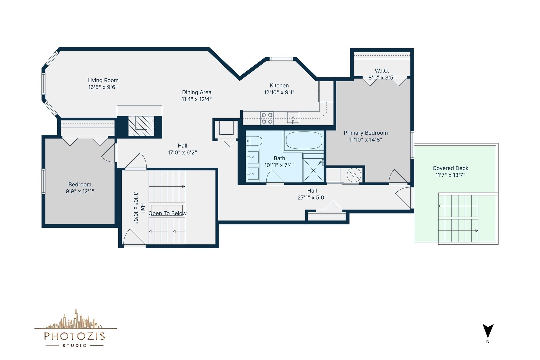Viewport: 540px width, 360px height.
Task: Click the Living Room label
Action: [103, 80]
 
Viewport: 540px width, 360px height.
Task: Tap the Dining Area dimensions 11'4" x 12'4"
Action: [197, 99]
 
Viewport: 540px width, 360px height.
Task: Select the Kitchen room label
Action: [279, 86]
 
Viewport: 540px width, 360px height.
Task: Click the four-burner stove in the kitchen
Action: [267, 118]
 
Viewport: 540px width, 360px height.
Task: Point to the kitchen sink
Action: [293, 118]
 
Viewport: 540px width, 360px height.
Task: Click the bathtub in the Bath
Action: [304, 140]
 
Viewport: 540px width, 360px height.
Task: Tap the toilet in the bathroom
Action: [254, 141]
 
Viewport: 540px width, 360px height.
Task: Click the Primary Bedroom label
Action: [366, 133]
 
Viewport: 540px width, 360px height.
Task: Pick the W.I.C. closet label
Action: [382, 71]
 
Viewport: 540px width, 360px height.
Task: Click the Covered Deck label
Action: [450, 168]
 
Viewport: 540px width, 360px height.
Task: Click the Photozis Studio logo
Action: [75, 329]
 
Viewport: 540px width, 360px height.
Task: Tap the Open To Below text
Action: [167, 213]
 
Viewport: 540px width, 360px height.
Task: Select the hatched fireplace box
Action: [141, 126]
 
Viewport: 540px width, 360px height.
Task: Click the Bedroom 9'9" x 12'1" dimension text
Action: [80, 191]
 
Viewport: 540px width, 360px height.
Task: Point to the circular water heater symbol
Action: [354, 175]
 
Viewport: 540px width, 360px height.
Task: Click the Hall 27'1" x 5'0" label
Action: [312, 194]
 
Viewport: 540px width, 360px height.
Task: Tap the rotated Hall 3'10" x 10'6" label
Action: [139, 208]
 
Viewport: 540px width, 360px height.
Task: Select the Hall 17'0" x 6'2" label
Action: [182, 149]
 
